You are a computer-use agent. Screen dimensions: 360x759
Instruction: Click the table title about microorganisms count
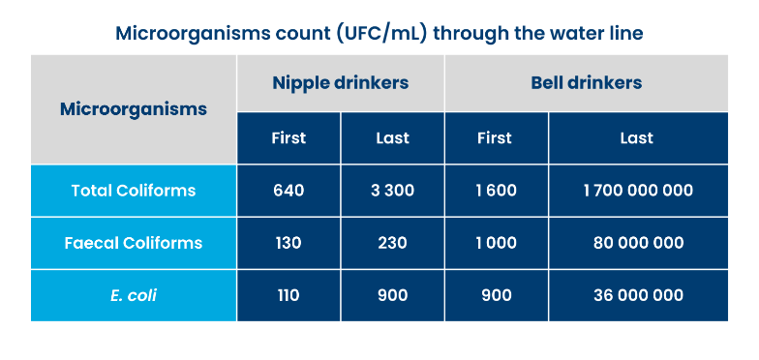click(379, 33)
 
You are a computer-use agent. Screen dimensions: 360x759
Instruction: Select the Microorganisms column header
click(134, 108)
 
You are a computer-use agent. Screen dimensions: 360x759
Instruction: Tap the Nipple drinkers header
click(340, 82)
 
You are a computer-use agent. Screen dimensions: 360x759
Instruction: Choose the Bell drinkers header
click(586, 82)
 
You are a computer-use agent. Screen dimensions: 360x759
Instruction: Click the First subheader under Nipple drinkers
click(288, 137)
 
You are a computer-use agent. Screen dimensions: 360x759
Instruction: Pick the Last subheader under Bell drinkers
click(637, 137)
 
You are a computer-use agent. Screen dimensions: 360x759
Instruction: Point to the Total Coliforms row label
click(134, 190)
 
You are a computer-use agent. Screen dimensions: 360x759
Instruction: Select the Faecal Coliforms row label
click(134, 242)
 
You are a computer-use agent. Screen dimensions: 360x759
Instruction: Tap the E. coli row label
click(134, 295)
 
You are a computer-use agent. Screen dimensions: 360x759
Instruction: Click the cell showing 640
click(288, 190)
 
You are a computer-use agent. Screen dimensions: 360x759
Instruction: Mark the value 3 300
click(393, 190)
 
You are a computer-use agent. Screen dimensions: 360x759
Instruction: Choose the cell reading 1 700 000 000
click(638, 190)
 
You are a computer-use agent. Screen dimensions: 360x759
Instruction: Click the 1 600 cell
click(495, 190)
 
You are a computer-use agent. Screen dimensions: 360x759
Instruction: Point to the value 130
click(288, 242)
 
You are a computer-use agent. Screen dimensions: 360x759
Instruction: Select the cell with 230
click(393, 242)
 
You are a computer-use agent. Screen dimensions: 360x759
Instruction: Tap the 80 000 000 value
click(638, 242)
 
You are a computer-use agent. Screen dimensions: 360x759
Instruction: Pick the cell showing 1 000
click(495, 242)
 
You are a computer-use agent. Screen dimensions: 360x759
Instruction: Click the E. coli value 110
click(288, 295)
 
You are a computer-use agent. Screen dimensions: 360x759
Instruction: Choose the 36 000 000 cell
click(638, 295)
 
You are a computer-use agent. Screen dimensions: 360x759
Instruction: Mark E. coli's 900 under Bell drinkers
click(495, 295)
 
